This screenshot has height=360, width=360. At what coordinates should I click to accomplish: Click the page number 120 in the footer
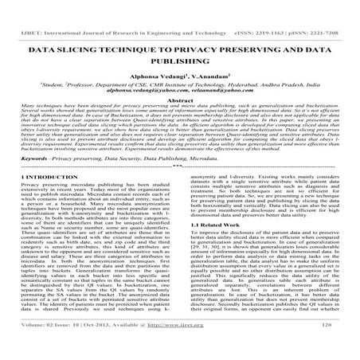pos(336,348)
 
